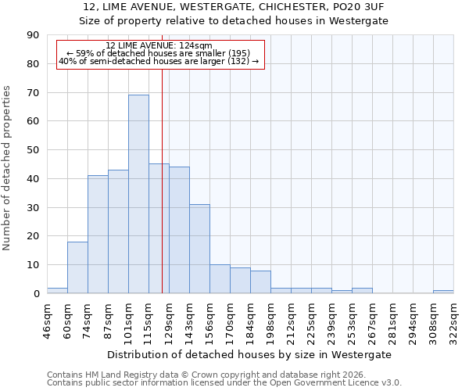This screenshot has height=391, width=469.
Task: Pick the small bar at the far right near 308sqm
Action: pos(443,292)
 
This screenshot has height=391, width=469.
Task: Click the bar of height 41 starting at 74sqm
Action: pos(98,235)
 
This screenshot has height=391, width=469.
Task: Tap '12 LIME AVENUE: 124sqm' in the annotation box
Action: pos(159,46)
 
